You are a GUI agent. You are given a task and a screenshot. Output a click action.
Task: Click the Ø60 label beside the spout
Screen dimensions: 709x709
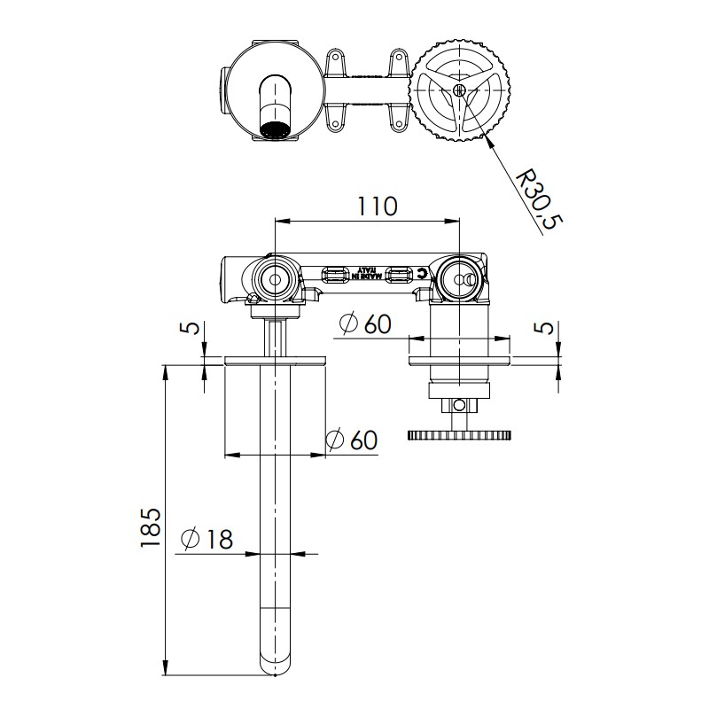tap(351, 440)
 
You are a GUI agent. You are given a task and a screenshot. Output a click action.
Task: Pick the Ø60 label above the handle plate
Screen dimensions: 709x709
tap(364, 324)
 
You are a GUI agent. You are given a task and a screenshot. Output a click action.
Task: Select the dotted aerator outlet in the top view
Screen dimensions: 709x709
tap(275, 130)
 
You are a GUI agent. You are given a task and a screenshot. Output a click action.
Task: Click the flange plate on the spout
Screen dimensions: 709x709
tap(276, 360)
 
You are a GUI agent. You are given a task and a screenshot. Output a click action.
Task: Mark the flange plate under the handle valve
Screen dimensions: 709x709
tap(459, 360)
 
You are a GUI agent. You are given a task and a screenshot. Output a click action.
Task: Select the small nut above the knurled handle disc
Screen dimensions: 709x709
tap(458, 405)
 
